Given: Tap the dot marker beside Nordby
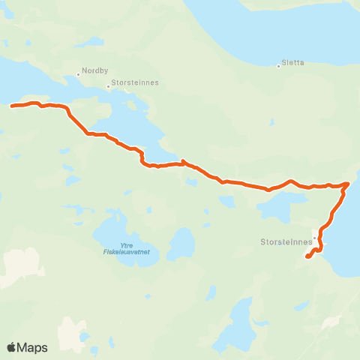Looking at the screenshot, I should pos(78,74).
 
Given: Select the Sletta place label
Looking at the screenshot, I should pos(294,63).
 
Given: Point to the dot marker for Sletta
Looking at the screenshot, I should pos(279,66).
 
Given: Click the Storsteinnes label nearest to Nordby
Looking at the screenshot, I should pos(135,84).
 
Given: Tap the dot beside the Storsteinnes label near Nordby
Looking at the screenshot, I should pos(108,85).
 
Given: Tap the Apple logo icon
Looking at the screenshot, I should pos(12,347).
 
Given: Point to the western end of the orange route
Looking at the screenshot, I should pos(12,106).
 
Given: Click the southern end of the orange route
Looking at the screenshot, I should pos(307,257).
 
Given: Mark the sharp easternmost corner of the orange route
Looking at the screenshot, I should pos(348,183).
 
